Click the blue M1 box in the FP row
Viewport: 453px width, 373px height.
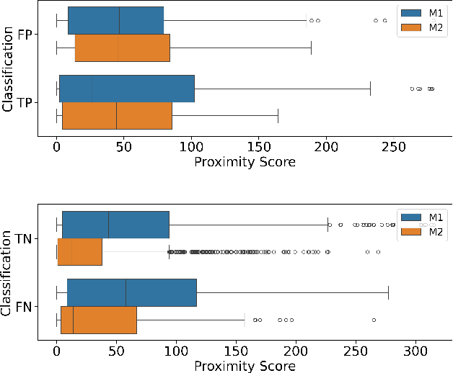pos(115,20)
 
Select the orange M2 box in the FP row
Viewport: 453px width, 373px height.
pos(123,48)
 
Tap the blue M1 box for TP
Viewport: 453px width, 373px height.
pos(127,89)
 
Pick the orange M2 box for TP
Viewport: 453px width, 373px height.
pos(117,116)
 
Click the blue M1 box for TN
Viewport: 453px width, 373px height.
pos(115,225)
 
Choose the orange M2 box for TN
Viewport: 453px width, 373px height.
pos(79,252)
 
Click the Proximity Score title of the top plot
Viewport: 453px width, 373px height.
pos(245,162)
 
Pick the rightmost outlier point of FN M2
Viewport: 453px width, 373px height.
pos(374,320)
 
